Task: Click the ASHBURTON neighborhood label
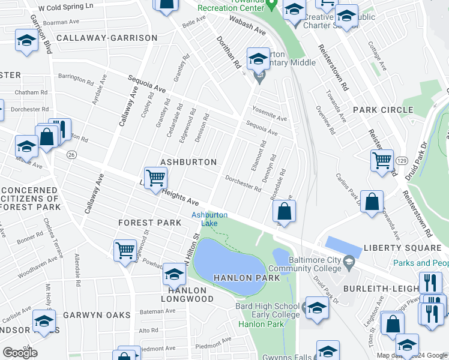tap(188, 163)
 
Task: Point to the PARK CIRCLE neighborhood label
tap(383, 110)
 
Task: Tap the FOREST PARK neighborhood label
tap(149, 223)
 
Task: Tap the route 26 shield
tap(71, 154)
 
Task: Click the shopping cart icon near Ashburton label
tap(155, 178)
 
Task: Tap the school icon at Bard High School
tap(317, 307)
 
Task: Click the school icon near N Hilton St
tap(174, 275)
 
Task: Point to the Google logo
tap(20, 352)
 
